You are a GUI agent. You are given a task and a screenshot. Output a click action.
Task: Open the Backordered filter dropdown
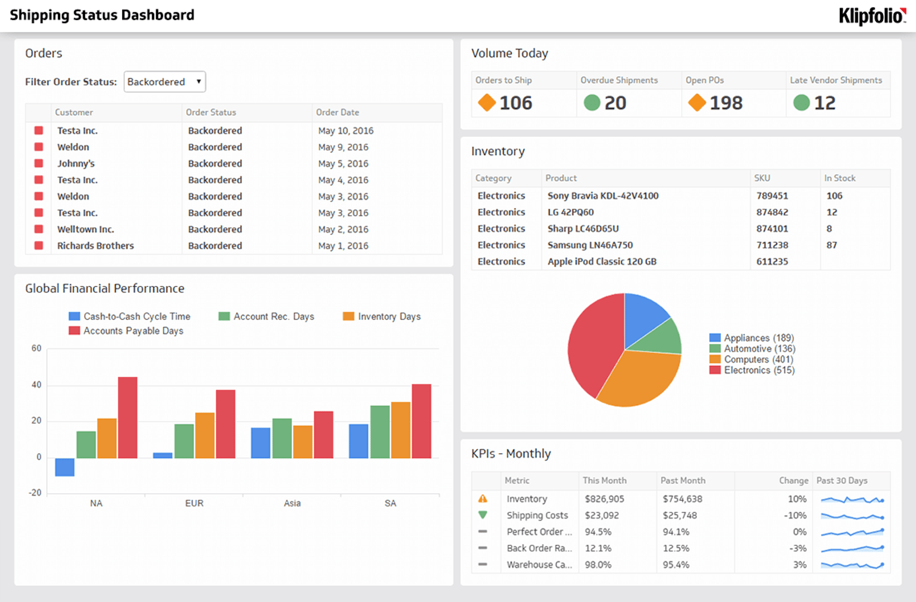click(x=164, y=82)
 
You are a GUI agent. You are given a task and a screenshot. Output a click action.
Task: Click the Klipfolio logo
click(x=872, y=16)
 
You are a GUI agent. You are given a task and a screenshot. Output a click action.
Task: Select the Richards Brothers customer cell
click(x=95, y=246)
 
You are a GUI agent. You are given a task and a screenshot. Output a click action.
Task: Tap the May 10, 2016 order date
click(x=346, y=131)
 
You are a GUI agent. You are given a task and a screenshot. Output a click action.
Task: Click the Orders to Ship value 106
click(x=516, y=103)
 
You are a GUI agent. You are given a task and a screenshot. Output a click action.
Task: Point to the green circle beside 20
click(x=592, y=103)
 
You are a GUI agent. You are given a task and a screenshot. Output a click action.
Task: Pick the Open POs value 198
click(x=726, y=103)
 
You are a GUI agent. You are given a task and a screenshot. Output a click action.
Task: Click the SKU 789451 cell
click(x=772, y=196)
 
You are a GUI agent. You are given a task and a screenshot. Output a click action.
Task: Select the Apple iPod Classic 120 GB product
click(x=602, y=262)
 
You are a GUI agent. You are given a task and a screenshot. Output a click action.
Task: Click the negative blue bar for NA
click(x=65, y=467)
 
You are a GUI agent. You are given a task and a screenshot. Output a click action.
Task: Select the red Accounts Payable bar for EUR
click(x=225, y=424)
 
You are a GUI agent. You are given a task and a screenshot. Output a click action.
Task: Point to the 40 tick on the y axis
click(x=36, y=385)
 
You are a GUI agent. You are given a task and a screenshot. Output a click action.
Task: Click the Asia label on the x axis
click(x=292, y=503)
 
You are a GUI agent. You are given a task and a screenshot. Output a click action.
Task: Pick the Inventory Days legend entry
click(x=389, y=317)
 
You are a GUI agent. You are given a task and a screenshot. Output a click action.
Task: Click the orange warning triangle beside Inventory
click(x=483, y=499)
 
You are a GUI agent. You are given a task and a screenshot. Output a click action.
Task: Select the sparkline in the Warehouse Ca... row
click(x=851, y=565)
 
